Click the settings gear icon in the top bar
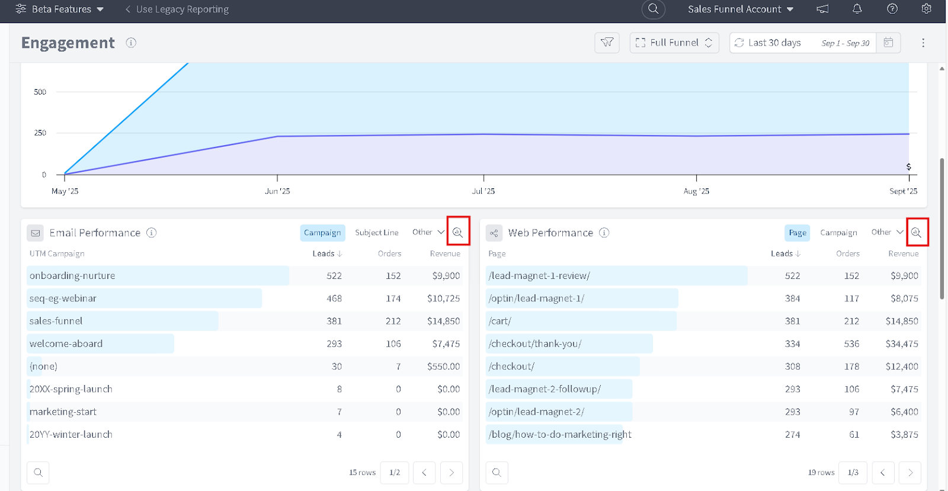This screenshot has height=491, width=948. coord(927,9)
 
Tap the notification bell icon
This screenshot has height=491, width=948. coord(857,9)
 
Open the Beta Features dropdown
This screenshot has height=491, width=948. coord(60,9)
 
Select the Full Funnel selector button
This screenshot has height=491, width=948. coord(674,43)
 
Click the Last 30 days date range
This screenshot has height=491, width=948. coord(774,43)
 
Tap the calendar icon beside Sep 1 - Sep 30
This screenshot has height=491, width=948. coord(888,43)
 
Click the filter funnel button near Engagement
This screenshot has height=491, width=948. coord(607,43)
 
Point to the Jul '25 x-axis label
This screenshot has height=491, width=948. coord(483,191)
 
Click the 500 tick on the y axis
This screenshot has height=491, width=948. coord(40,92)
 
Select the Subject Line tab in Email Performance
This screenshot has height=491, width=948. coord(377,233)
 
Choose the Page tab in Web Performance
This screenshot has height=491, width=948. coord(797,233)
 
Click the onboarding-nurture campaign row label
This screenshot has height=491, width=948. coord(72,275)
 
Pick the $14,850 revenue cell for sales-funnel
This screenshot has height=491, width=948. coord(443,321)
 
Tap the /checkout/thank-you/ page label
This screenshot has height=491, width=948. coord(534,344)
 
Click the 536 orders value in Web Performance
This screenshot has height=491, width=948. coord(851,344)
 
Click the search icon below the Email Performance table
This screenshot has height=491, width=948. coord(38,472)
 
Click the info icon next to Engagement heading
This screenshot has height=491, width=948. coord(131,43)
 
